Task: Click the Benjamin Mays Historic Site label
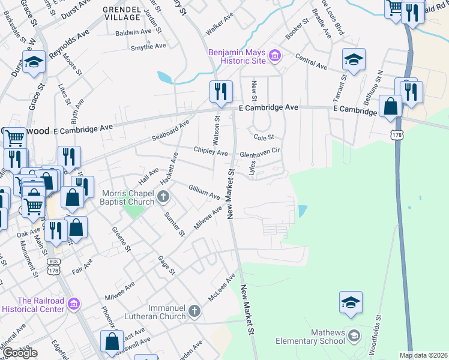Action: coord(238,56)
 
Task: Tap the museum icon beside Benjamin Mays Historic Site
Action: coord(275,56)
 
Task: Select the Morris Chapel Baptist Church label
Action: coord(128,197)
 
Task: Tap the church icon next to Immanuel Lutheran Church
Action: coord(193,311)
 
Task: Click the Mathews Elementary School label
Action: coord(310,337)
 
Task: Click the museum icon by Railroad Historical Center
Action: coord(73,305)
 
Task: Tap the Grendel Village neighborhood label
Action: coord(121,14)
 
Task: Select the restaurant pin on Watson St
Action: coord(220,92)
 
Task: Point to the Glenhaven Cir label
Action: coord(261,153)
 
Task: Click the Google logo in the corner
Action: coord(19,353)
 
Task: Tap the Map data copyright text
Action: coord(424,355)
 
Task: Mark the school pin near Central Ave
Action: coord(354,61)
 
